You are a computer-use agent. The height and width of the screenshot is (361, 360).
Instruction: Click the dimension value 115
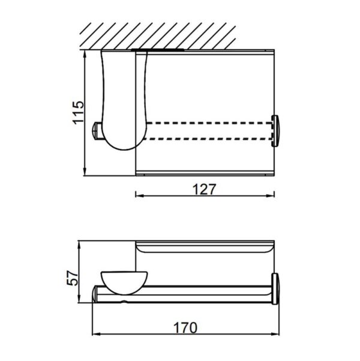tap(77, 112)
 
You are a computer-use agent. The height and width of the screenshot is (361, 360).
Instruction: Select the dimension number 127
tap(203, 189)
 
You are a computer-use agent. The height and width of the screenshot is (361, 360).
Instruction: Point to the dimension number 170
tap(186, 328)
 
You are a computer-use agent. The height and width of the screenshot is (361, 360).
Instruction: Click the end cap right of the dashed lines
tap(277, 130)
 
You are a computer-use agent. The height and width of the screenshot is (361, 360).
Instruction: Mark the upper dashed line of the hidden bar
tap(210, 123)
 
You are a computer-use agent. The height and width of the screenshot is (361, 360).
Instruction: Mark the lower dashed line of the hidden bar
tap(210, 139)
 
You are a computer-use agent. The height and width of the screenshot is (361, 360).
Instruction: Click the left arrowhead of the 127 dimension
tap(136, 195)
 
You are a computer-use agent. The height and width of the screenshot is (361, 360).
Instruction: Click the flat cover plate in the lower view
tap(205, 249)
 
